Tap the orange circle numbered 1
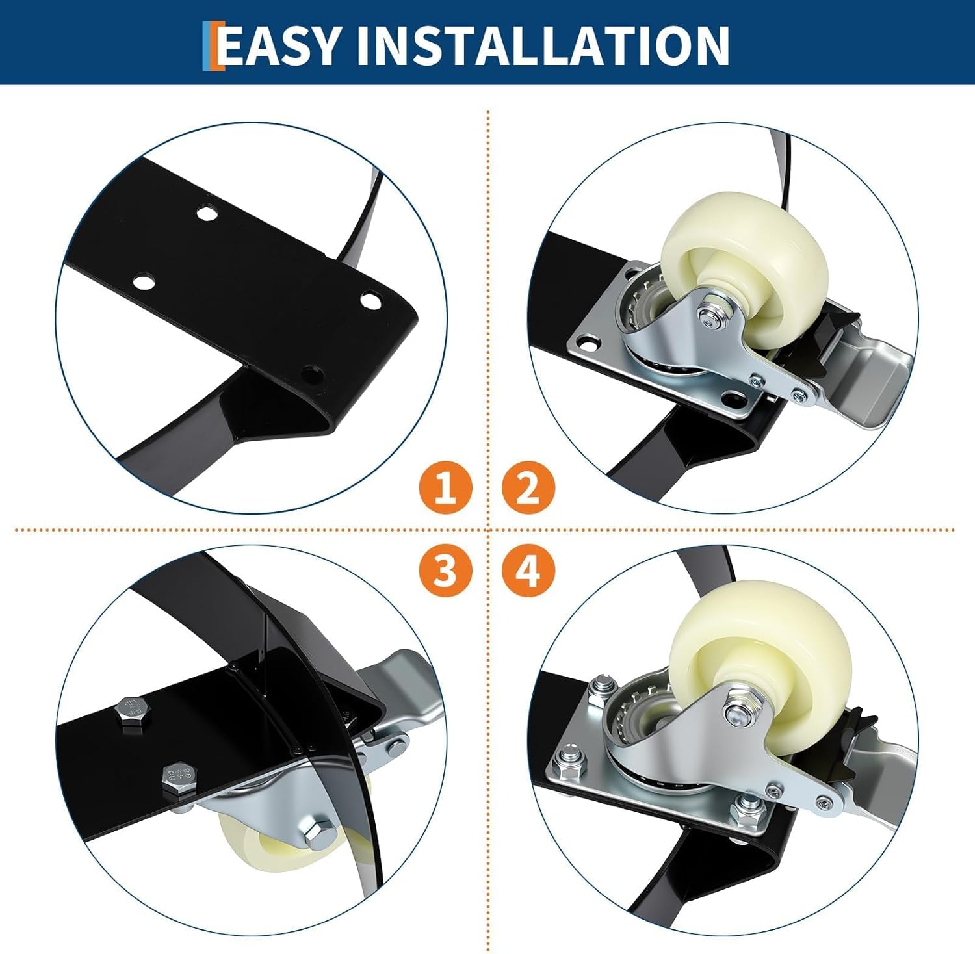(445, 487)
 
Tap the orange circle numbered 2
(528, 487)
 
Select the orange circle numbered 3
(445, 571)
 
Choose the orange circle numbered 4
(528, 571)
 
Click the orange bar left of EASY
(209, 45)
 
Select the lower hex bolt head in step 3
(177, 780)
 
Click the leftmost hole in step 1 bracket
(144, 282)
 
